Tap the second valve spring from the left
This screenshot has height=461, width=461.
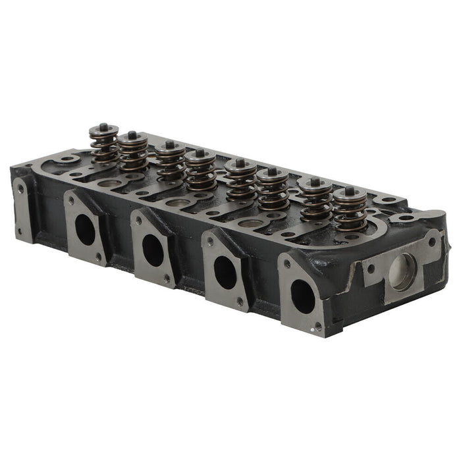(x=133, y=153)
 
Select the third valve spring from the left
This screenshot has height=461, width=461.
(x=170, y=163)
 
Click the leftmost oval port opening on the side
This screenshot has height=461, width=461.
(x=85, y=229)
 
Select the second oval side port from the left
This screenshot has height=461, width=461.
(x=153, y=250)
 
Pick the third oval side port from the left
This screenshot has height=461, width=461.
(x=225, y=272)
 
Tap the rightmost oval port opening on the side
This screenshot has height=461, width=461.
(x=303, y=296)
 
